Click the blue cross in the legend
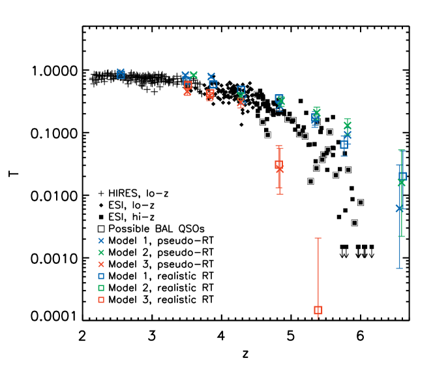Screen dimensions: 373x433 [101, 240]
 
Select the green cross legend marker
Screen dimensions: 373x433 [101, 252]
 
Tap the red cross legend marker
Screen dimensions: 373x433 [101, 265]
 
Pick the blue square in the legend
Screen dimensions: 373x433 [101, 276]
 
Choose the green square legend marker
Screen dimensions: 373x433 [101, 288]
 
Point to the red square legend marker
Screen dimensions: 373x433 [101, 300]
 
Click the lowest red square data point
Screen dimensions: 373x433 [318, 310]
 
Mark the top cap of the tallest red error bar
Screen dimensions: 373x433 [318, 238]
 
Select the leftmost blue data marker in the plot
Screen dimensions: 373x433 [121, 73]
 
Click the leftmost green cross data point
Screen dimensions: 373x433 [194, 75]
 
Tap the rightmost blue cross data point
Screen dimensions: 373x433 [399, 208]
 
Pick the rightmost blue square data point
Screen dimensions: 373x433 [403, 176]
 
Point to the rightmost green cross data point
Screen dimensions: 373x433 [401, 183]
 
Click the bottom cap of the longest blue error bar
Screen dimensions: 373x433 [399, 268]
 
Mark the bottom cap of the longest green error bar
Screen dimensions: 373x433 [401, 236]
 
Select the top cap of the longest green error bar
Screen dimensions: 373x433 [401, 150]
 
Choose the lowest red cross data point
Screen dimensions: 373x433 [280, 169]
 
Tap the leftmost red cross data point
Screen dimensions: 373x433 [188, 92]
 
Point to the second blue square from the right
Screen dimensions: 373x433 [344, 144]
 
